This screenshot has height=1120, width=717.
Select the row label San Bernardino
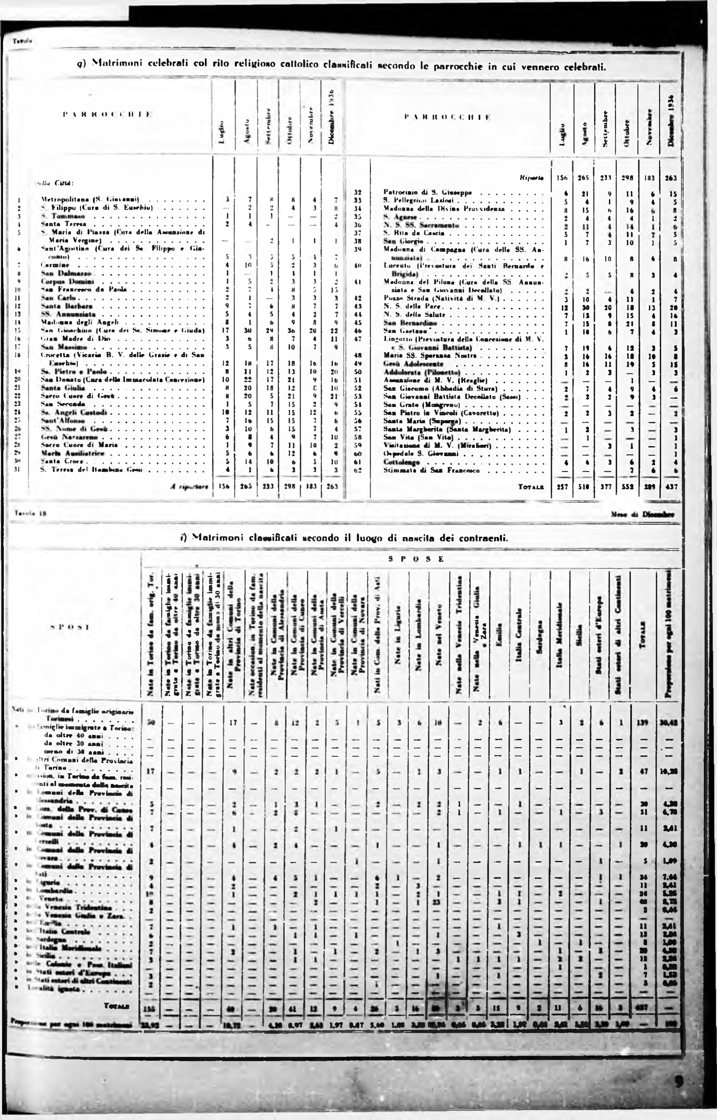[403, 323]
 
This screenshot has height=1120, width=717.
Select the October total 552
[627, 487]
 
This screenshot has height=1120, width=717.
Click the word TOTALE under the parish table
[531, 487]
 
